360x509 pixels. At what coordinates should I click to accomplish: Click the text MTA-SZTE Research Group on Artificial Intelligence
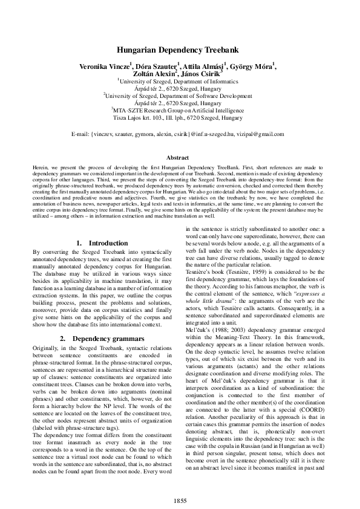[x=180, y=110]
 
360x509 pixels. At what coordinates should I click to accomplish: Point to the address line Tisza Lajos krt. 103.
[x=140, y=118]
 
